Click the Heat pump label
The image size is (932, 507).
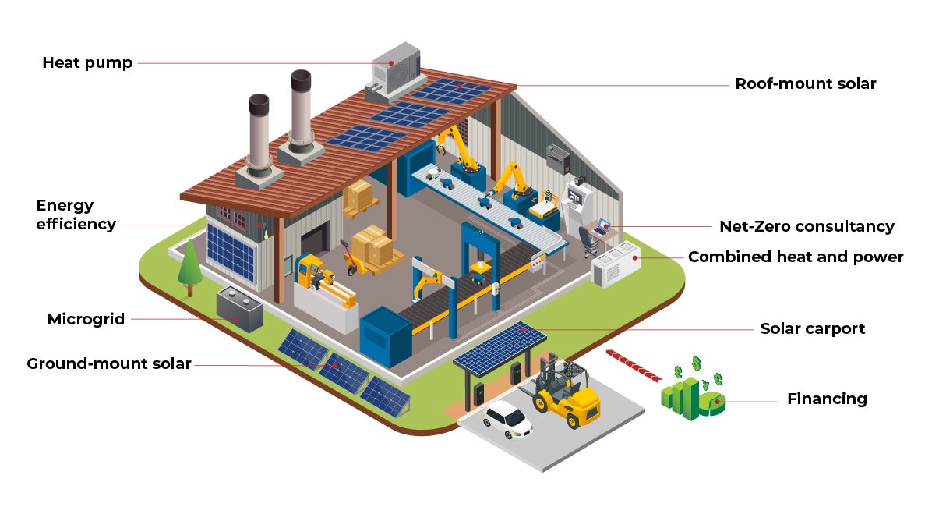pos(87,62)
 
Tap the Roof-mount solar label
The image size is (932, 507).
pos(806,83)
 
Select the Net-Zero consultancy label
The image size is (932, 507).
pos(807,226)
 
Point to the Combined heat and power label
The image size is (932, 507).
pos(796,257)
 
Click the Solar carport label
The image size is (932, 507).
pos(813,328)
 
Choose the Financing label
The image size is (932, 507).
pos(827,399)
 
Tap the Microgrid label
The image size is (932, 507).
pos(86,319)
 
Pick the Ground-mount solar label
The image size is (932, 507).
pos(109,363)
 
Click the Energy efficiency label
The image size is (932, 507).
pos(76,214)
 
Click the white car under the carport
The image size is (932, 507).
pos(507,420)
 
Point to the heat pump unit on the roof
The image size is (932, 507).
pos(396,70)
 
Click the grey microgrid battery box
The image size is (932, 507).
pos(239,308)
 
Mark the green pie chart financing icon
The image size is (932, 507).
pos(711,402)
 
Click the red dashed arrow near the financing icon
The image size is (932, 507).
pos(632,366)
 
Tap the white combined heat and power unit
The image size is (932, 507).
pos(616,265)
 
